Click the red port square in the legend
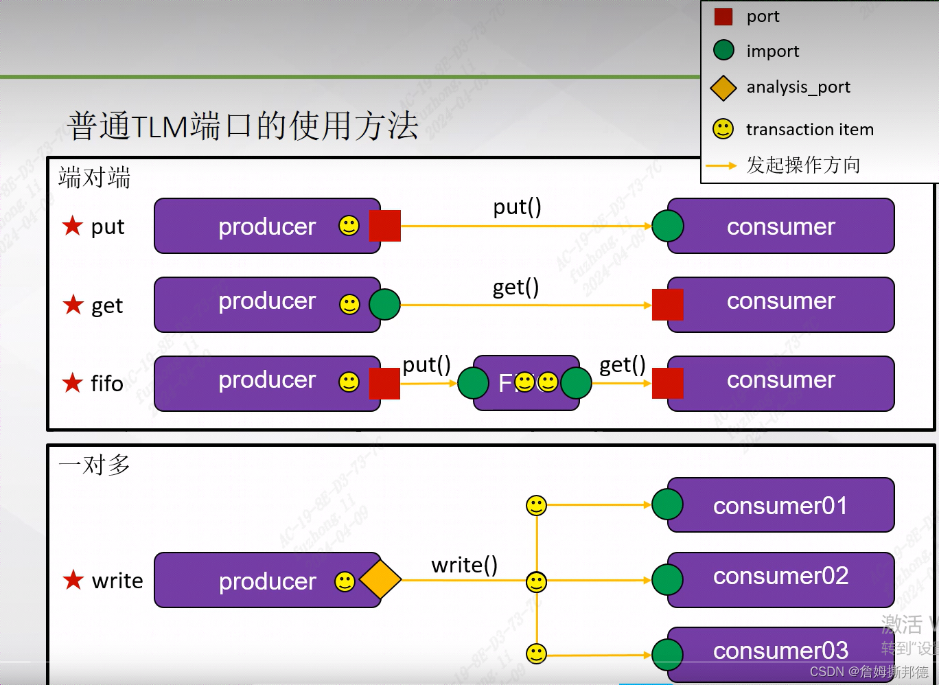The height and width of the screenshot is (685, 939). [x=723, y=16]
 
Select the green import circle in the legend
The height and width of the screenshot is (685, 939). [x=723, y=50]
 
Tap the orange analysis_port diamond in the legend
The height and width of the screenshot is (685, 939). [x=723, y=87]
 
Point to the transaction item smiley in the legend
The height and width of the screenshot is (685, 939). [x=723, y=128]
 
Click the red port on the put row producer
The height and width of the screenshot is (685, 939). [x=384, y=226]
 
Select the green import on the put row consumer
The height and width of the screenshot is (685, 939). [x=667, y=226]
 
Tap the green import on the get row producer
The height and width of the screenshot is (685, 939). [x=384, y=304]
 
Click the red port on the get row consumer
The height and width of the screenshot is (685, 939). [x=667, y=304]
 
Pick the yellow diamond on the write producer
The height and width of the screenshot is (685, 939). [x=380, y=580]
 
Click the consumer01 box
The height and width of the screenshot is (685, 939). [x=781, y=505]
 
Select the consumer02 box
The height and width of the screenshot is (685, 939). [x=781, y=579]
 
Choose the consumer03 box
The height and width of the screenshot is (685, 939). [x=781, y=652]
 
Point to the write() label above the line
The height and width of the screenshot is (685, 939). [x=464, y=565]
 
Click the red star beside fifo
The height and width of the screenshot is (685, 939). [x=73, y=382]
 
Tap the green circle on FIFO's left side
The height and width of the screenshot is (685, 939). [x=473, y=383]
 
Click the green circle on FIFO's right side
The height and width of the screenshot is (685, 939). [x=576, y=383]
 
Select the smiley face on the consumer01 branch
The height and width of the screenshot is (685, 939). [x=536, y=505]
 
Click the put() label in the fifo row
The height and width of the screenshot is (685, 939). [x=426, y=364]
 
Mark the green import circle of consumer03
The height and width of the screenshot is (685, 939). [x=667, y=654]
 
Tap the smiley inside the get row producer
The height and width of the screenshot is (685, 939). [x=349, y=304]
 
